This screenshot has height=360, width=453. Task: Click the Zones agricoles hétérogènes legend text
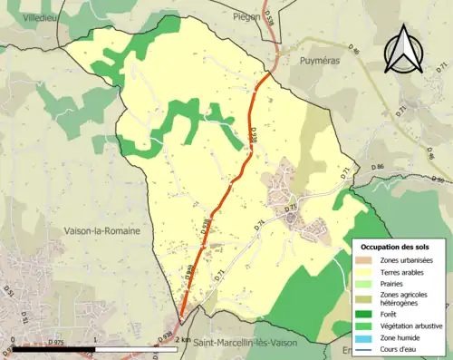pos(404,298)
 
